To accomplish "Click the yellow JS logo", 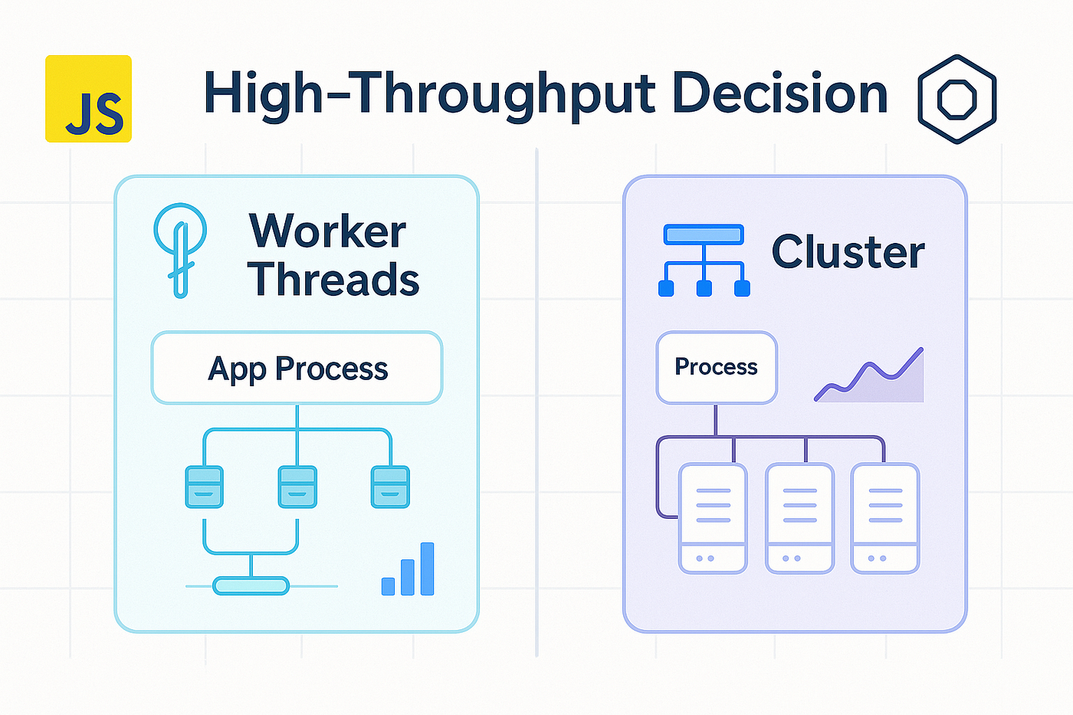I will pos(88,99).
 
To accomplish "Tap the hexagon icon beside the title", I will pos(957,99).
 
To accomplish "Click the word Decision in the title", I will pos(779,95).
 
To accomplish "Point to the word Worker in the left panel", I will pos(327,231).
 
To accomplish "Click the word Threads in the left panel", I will pos(333,279).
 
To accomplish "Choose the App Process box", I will pos(297,368).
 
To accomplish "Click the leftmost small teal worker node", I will pos(204,487).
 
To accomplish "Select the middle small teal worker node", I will pos(297,487).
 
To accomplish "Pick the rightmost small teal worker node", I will pos(390,487).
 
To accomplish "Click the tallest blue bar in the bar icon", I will pos(428,569).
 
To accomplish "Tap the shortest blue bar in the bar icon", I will pos(388,586).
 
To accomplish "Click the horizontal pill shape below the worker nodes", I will pos(251,586).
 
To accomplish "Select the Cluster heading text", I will pos(848,251).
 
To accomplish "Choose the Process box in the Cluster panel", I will pos(717,367).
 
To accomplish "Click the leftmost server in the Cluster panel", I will pos(713,518).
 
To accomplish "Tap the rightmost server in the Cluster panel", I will pos(885,518).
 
